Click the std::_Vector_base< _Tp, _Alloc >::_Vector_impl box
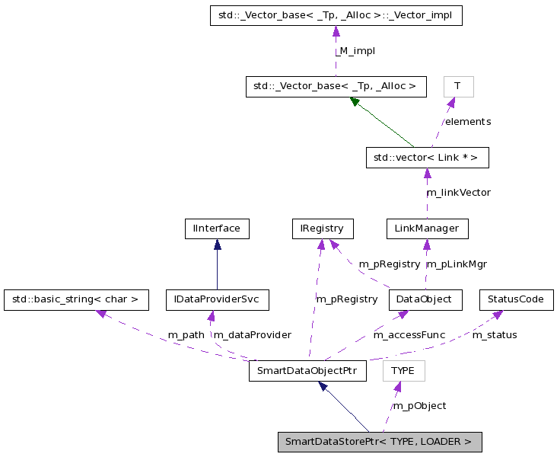[336, 15]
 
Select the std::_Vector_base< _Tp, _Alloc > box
[336, 86]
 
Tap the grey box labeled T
[458, 86]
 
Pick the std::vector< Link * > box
[426, 158]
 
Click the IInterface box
[217, 228]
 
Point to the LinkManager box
[426, 228]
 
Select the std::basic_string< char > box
[75, 299]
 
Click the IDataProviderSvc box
[218, 299]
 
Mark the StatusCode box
[516, 299]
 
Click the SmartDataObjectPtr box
[307, 371]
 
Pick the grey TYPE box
[403, 371]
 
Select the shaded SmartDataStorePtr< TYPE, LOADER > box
[379, 442]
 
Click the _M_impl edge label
[355, 51]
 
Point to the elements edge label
[468, 122]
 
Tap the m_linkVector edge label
[458, 193]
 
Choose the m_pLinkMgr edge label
[457, 264]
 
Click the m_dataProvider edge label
[252, 335]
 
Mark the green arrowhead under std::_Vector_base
[355, 101]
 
